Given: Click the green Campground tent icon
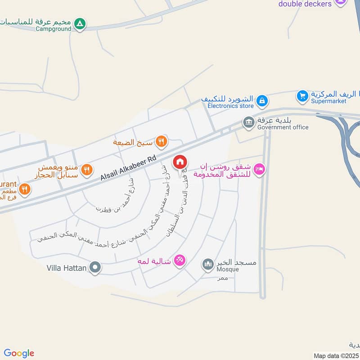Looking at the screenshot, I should tap(80, 23).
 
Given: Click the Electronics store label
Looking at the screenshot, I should tap(230, 106).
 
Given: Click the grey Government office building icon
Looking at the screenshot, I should tap(248, 121).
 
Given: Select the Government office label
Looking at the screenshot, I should tap(283, 127).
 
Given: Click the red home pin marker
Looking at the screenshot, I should tap(180, 162).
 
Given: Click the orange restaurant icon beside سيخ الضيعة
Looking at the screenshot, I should tap(161, 142).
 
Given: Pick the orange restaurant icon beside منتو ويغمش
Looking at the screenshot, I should tap(87, 170).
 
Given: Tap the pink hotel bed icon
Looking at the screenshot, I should tap(260, 170).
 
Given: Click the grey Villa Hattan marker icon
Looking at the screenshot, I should tap(94, 268).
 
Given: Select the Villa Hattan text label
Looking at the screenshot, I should tap(66, 268).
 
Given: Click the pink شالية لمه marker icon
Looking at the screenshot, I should tap(180, 261).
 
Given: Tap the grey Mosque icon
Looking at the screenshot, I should tap(207, 264).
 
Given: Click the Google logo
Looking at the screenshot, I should tap(19, 353).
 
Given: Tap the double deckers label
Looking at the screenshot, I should tap(305, 4).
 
